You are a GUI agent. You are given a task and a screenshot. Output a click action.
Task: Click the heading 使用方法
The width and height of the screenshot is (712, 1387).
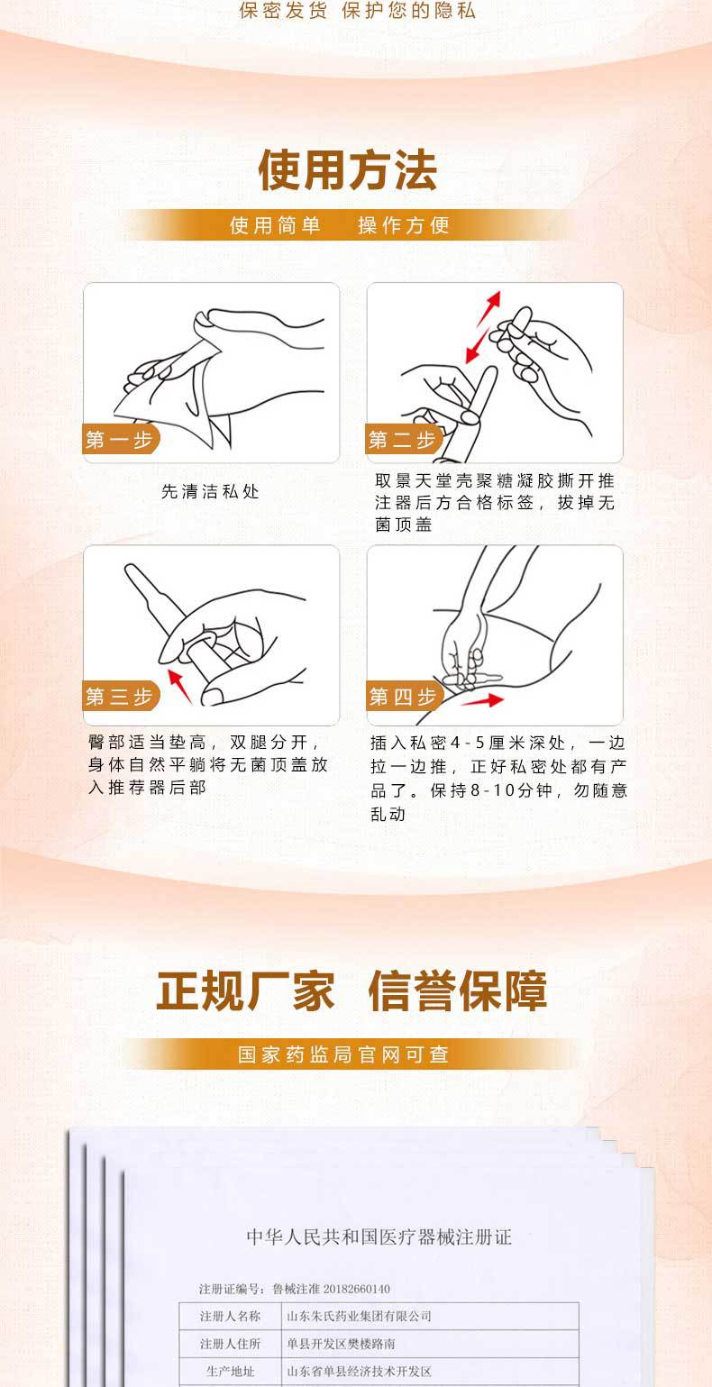point(348,169)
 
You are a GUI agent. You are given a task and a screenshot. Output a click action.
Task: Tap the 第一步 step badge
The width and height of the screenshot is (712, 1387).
point(119,440)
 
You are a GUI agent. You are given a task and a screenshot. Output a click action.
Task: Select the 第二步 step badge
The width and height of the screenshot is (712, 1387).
point(402,440)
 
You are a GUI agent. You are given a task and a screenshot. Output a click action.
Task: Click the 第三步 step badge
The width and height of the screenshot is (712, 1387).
point(119,696)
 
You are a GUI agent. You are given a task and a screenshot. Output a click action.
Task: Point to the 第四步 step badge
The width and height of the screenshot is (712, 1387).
point(402,696)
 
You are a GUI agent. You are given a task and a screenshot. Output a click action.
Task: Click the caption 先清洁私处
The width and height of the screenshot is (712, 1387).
point(210,492)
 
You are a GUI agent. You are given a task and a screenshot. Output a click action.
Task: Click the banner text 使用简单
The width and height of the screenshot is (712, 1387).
point(276,225)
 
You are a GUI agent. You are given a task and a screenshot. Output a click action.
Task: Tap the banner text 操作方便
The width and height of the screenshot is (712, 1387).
point(404,225)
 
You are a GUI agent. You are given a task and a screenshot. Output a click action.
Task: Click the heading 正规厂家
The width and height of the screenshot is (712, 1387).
point(245,991)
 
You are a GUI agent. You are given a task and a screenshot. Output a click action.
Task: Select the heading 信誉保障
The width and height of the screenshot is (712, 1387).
point(458,991)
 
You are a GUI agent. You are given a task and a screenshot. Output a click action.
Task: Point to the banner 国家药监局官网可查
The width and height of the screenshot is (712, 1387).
point(343,1054)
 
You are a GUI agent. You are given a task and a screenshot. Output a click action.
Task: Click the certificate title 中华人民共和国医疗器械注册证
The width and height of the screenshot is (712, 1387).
point(379,1236)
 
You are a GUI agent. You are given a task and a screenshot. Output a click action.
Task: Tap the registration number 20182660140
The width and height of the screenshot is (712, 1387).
point(350,1288)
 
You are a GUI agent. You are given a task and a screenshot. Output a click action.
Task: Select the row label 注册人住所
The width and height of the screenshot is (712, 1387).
point(230,1344)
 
